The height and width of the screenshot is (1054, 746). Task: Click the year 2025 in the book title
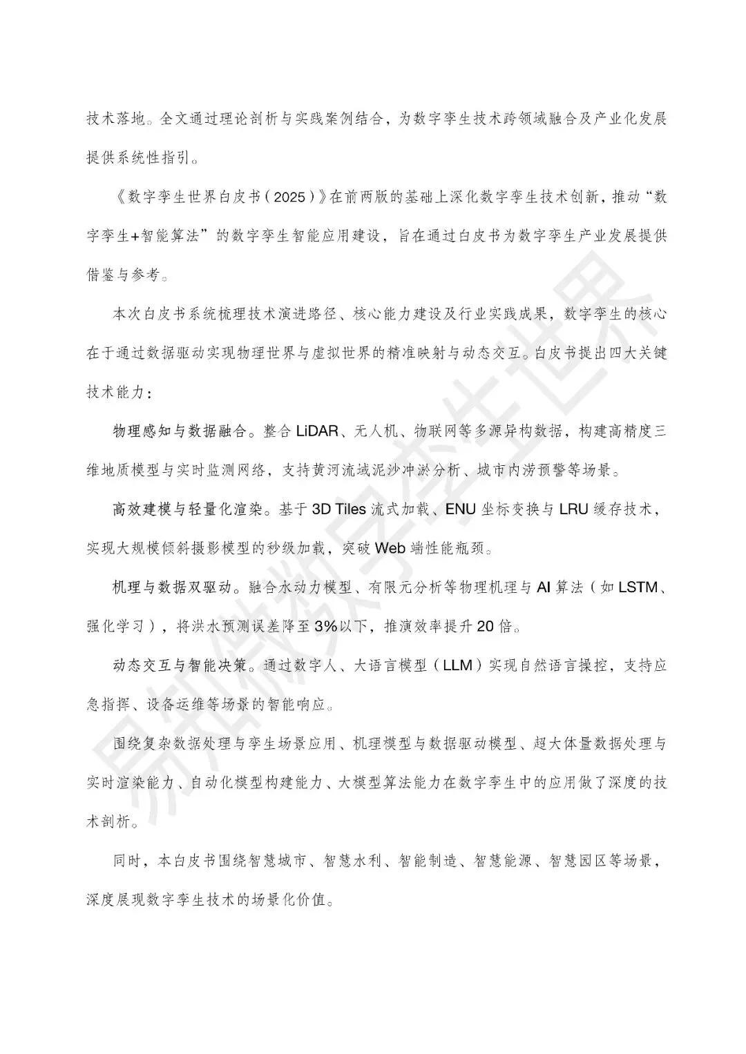click(x=285, y=197)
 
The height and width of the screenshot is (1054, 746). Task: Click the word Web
click(x=390, y=549)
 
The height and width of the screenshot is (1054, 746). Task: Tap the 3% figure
click(x=326, y=627)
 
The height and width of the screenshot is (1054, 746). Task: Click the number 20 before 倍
click(x=485, y=627)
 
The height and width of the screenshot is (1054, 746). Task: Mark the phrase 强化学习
click(x=115, y=627)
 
